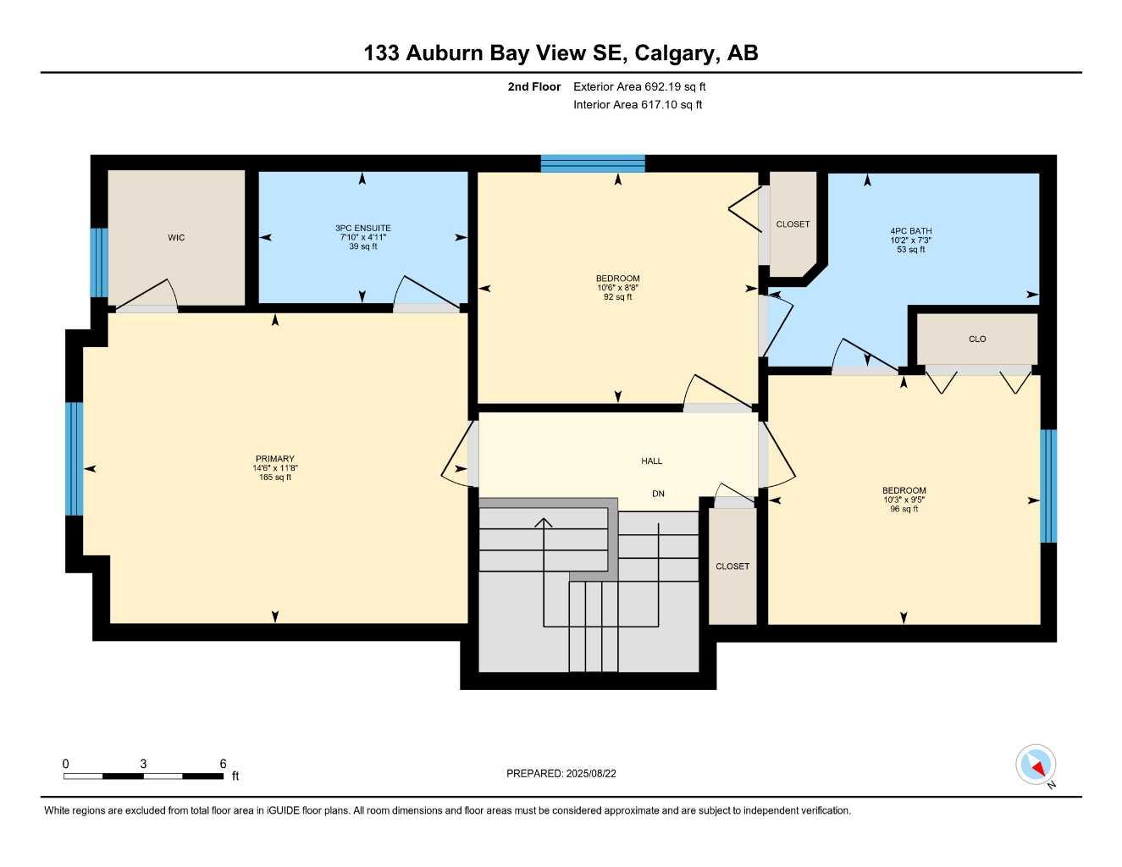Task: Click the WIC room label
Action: pos(176,238)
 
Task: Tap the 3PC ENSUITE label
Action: pos(362,228)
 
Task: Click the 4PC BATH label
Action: pos(910,231)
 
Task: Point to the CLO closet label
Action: pos(977,339)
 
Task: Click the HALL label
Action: pos(651,461)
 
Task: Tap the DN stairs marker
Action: pos(658,494)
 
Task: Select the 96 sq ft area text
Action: pos(904,510)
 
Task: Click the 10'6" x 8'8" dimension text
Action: pos(617,288)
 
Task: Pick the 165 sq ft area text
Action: pos(275,478)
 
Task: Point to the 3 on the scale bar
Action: pos(143,764)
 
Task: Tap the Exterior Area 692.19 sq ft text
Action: pos(639,86)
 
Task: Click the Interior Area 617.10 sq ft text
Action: pos(638,105)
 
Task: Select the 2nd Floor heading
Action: pos(533,86)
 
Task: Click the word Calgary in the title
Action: pos(673,53)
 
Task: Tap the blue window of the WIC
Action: pos(99,262)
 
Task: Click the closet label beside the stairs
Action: pos(732,566)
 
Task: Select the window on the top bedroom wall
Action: pos(593,163)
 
